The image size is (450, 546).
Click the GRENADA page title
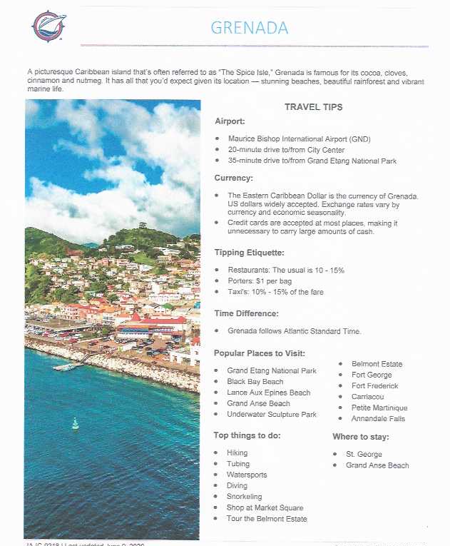[250, 28]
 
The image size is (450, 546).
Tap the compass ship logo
[49, 26]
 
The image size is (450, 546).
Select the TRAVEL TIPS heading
[313, 107]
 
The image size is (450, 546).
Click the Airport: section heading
[230, 121]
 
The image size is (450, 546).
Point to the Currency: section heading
[234, 178]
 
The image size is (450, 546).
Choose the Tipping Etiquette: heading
[249, 253]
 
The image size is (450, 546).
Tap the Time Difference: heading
[247, 313]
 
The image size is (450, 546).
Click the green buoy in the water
[75, 424]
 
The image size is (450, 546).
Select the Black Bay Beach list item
[255, 382]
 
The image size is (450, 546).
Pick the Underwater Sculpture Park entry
[271, 414]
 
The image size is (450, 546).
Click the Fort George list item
[372, 375]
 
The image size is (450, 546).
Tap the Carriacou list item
[369, 397]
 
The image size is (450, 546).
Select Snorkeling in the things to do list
[244, 497]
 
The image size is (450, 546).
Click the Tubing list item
[238, 464]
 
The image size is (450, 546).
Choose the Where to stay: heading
[360, 436]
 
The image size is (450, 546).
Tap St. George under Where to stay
[364, 454]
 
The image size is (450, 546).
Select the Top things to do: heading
[247, 435]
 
